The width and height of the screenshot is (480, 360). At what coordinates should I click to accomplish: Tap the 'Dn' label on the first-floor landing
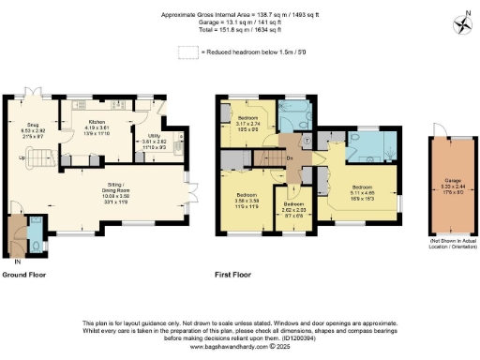point(292,157)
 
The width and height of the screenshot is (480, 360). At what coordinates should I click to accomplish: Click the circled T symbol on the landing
point(307,141)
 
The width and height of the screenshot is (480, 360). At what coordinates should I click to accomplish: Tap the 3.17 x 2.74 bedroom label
point(248,120)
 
